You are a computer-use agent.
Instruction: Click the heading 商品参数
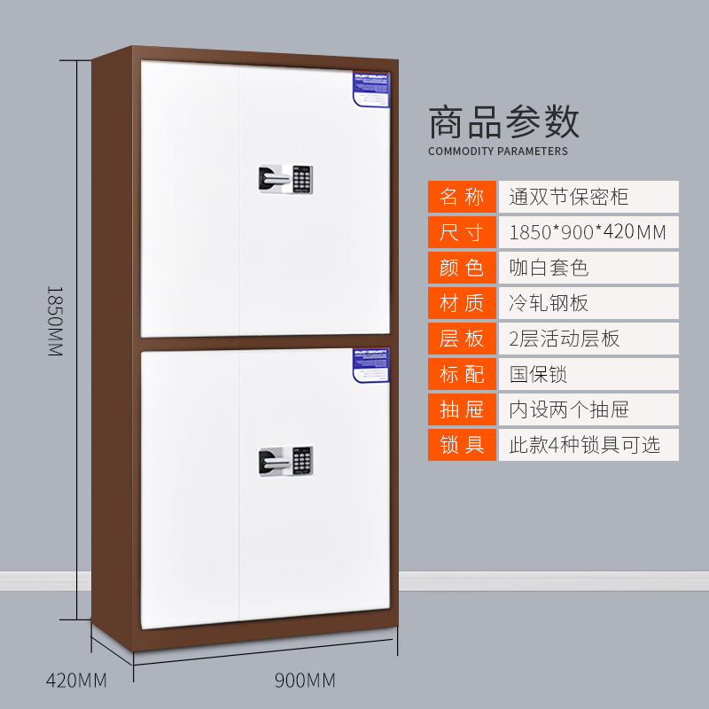[504, 122]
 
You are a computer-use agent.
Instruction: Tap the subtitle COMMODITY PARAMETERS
[498, 152]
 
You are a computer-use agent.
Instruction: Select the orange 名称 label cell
[463, 197]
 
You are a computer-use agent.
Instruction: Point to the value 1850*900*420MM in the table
[587, 232]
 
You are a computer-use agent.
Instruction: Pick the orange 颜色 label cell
[463, 268]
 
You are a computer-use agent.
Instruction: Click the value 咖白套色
[549, 268]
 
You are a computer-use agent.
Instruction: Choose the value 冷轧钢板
[549, 303]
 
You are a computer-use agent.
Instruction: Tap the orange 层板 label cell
[463, 339]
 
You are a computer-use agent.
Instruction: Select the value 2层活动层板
[565, 339]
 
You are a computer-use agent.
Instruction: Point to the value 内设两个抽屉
[569, 409]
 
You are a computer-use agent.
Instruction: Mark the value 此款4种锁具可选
[584, 444]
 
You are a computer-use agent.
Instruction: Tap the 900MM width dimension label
[305, 681]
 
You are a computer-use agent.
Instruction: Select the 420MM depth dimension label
[76, 681]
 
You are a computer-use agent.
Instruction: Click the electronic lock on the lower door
[286, 459]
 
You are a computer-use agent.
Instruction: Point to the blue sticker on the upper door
[372, 86]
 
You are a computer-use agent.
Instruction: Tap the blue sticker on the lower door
[372, 365]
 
